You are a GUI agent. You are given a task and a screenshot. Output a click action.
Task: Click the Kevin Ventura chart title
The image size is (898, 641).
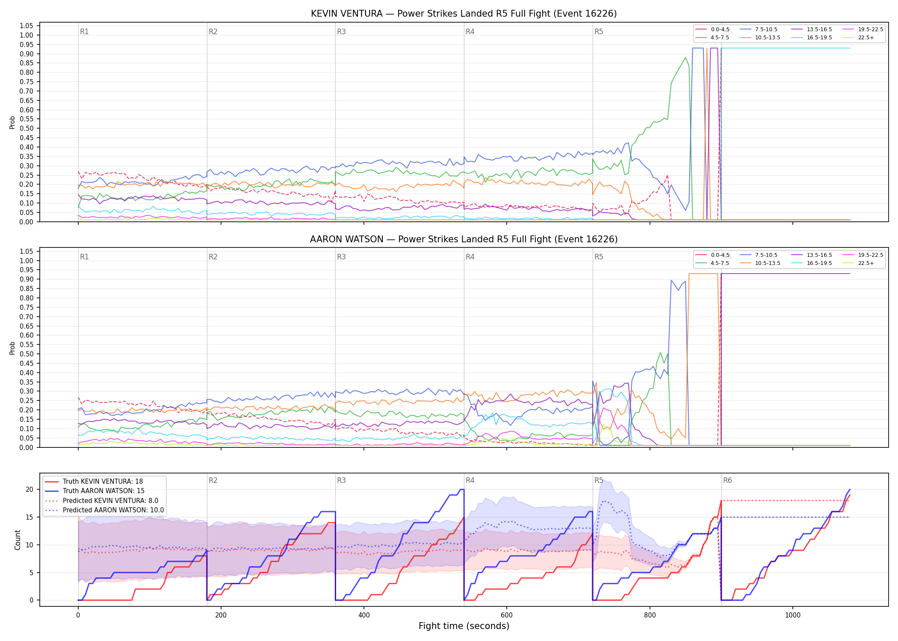click(x=464, y=14)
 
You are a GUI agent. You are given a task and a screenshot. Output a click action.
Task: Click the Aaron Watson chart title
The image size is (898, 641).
click(x=464, y=239)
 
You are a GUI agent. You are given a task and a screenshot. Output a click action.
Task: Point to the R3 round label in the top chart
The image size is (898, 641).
click(x=341, y=32)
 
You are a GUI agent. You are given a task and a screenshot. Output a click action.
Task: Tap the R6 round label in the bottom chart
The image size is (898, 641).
click(x=727, y=480)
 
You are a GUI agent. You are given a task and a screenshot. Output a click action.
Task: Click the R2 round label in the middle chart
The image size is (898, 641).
click(x=213, y=257)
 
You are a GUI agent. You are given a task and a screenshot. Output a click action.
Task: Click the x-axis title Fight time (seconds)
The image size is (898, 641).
click(x=464, y=626)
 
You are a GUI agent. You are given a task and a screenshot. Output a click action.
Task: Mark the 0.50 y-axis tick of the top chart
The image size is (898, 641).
click(x=27, y=128)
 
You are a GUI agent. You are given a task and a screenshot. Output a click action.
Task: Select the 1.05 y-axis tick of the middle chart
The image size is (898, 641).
click(x=27, y=251)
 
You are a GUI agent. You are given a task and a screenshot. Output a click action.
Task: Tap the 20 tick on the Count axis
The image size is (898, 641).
click(x=30, y=489)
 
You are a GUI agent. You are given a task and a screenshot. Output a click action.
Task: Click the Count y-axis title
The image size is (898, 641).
click(x=18, y=540)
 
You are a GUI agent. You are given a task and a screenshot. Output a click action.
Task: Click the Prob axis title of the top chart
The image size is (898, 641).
click(x=12, y=122)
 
